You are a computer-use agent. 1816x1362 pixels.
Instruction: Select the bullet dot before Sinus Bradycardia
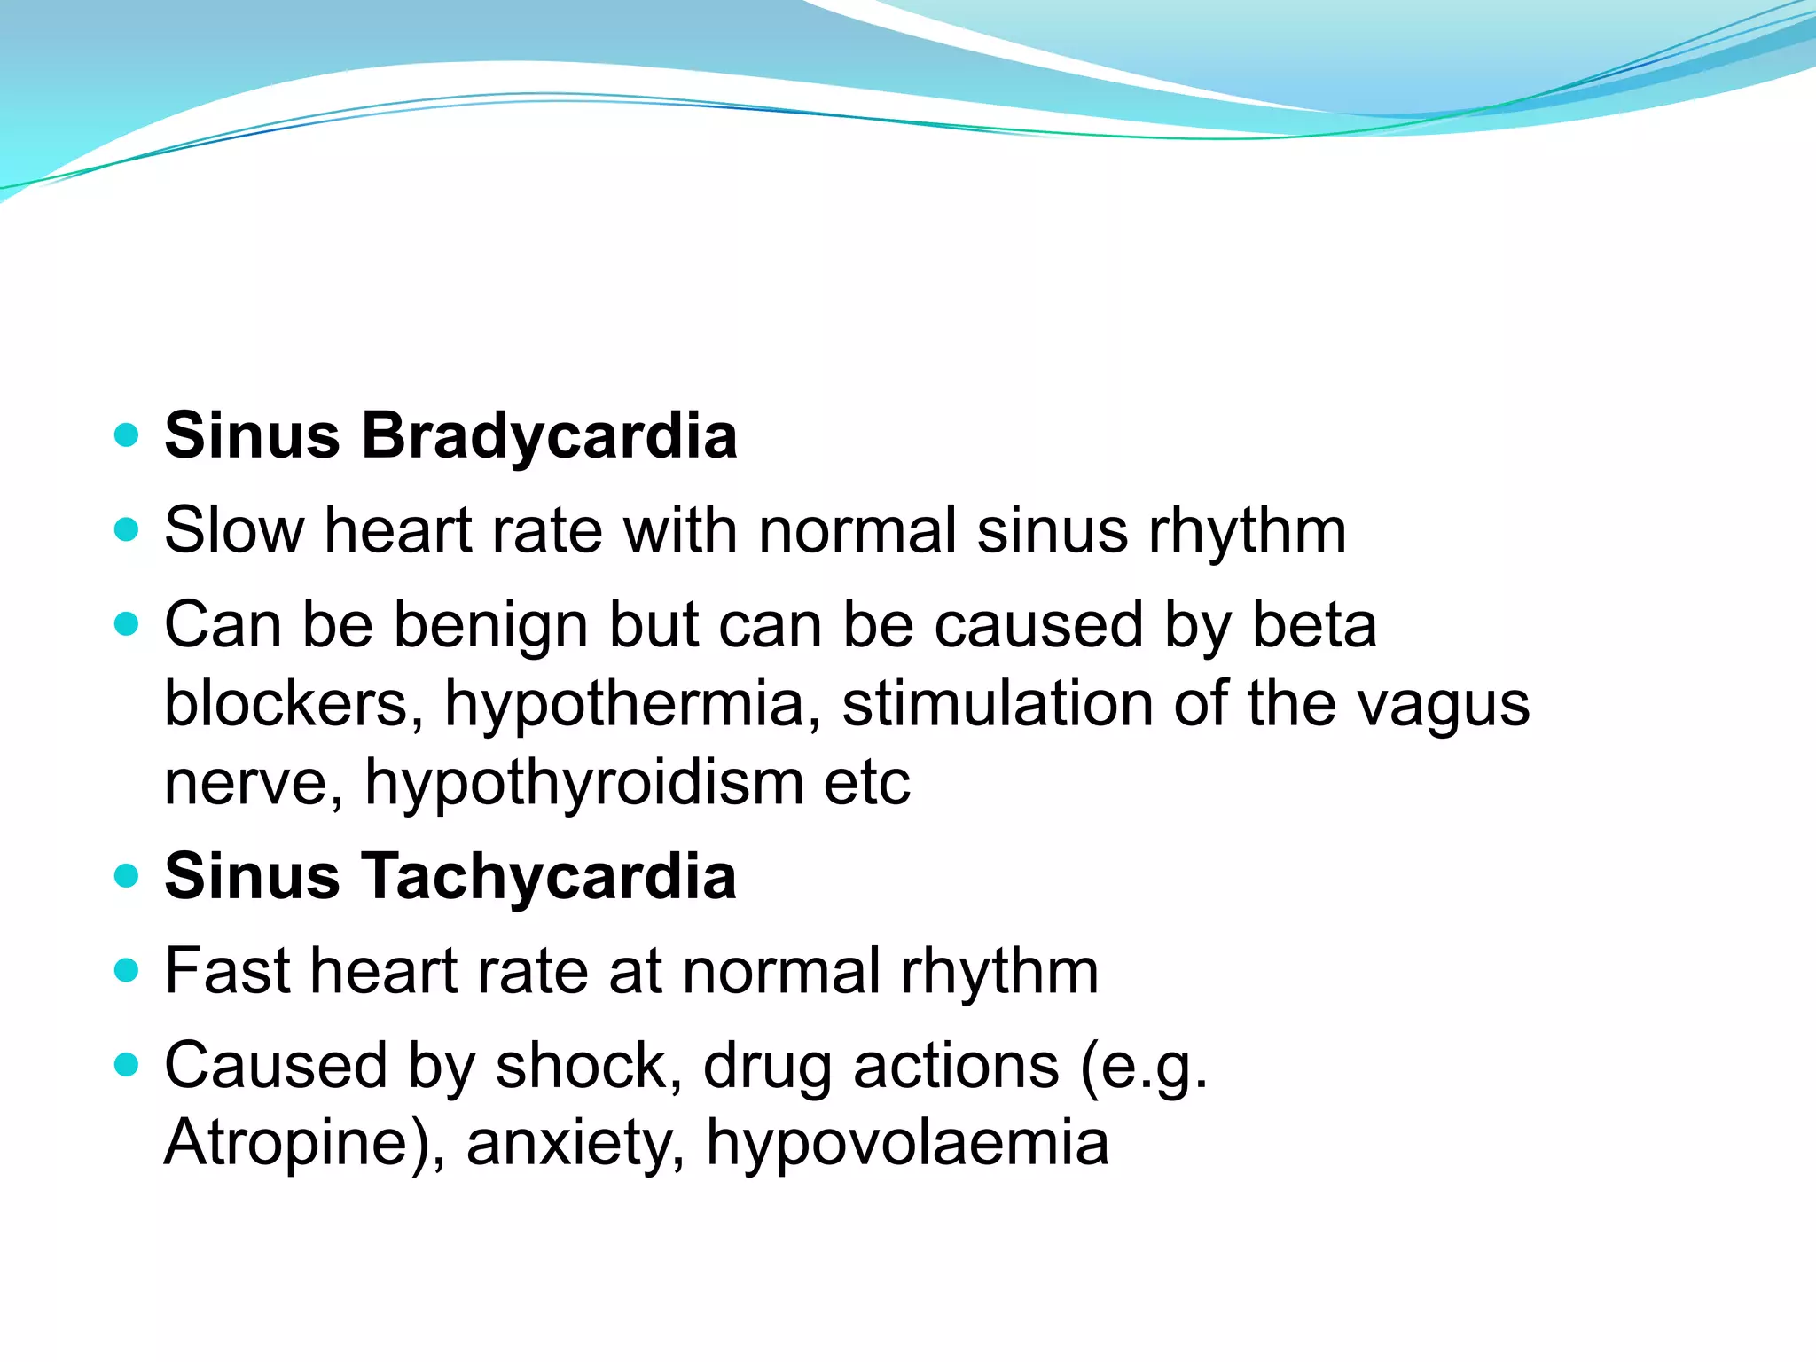[x=128, y=435]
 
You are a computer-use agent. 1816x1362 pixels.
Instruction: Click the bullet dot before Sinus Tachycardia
[x=128, y=876]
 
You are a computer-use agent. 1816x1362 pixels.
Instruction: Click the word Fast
[x=228, y=970]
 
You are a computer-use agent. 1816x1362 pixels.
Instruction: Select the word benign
[x=491, y=626]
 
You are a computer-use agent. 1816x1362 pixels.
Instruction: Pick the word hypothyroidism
[x=584, y=783]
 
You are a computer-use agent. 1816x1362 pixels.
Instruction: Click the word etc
[x=866, y=783]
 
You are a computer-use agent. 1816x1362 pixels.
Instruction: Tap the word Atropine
[x=293, y=1144]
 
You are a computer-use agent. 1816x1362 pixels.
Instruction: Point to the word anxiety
[x=575, y=1144]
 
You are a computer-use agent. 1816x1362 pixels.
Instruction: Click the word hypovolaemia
[x=907, y=1144]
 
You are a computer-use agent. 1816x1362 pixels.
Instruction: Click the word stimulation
[x=997, y=704]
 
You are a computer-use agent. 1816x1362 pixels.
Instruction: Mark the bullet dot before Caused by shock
[x=128, y=1064]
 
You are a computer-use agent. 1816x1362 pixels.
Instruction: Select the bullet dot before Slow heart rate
[x=128, y=530]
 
